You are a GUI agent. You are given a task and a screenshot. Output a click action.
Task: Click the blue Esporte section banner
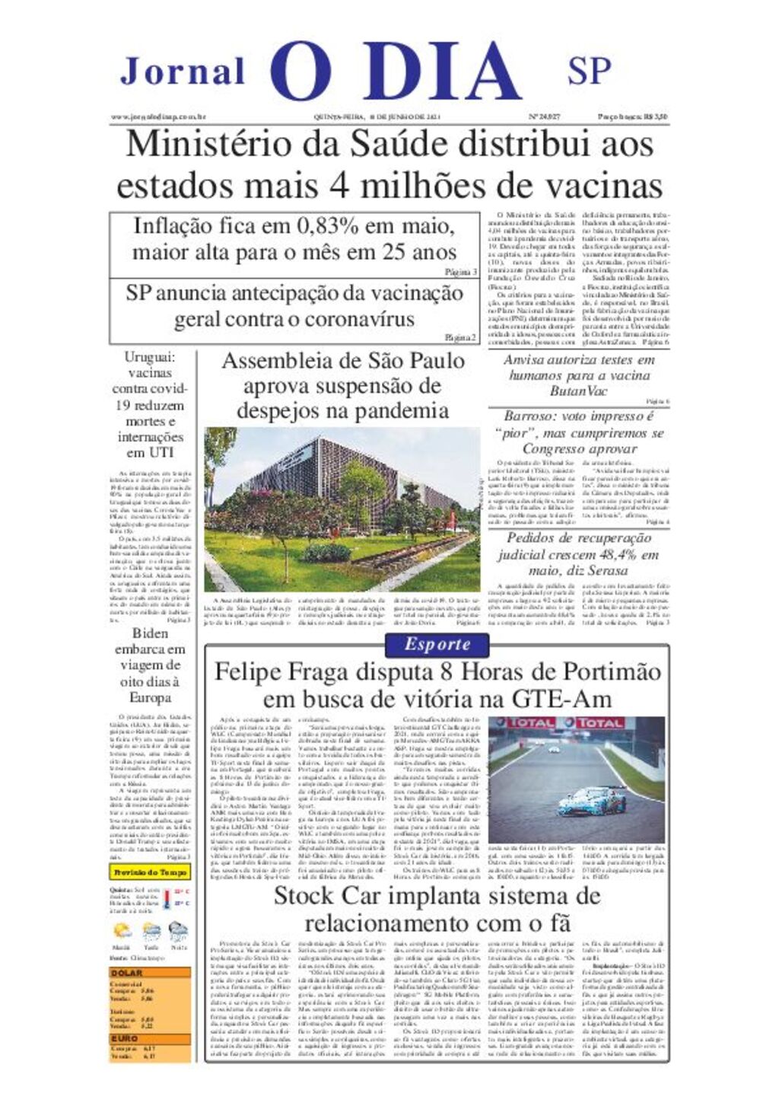point(437,645)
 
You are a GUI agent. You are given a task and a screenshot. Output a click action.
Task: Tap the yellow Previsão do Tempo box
point(150,872)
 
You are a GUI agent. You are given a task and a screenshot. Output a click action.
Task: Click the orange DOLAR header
point(127,973)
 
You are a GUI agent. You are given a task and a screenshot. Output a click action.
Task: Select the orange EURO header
point(125,1038)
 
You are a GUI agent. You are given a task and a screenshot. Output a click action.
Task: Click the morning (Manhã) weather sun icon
point(122,931)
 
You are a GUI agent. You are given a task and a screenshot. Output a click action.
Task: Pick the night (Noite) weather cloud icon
point(179,930)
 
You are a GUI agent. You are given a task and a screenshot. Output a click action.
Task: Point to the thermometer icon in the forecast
point(167,899)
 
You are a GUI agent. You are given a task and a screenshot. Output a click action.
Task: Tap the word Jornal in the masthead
point(183,72)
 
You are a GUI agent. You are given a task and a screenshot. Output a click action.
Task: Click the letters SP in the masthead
point(589,71)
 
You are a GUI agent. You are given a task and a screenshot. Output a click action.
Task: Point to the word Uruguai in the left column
point(150,357)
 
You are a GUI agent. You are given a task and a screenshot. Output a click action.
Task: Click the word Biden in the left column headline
point(150,633)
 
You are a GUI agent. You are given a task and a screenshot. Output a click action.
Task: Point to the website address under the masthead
point(159,116)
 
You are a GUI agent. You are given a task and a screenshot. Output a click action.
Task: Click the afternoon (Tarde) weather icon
point(151,931)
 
